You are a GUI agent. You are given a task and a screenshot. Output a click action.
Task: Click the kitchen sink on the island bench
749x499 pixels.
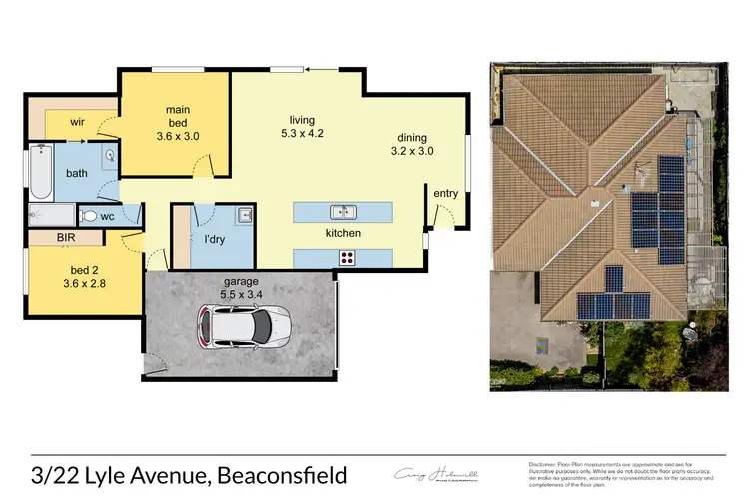click(343, 212)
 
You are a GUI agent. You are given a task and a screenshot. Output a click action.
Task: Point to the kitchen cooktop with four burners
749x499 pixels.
click(347, 256)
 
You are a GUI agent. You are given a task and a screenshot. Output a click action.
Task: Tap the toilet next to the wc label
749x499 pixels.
click(87, 216)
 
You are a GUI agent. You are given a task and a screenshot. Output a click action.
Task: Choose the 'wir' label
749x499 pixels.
click(77, 121)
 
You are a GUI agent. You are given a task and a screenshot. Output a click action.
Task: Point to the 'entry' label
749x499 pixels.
click(445, 192)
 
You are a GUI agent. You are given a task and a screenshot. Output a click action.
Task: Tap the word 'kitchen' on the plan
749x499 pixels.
click(341, 233)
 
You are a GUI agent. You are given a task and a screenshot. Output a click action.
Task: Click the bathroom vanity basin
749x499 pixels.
click(107, 155)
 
